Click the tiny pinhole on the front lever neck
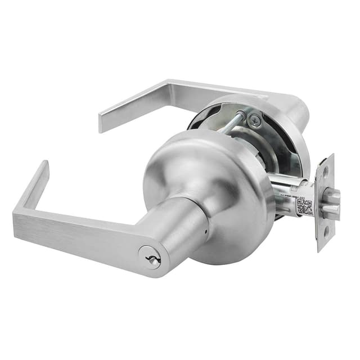pyautogui.click(x=206, y=232)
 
